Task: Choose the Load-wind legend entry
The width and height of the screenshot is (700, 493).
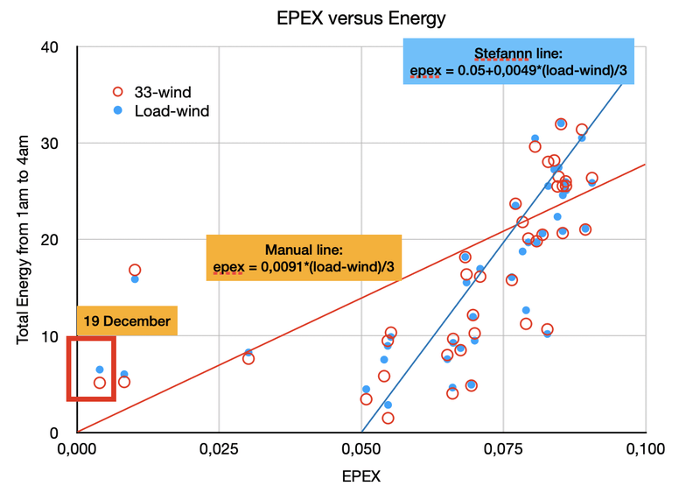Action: click(x=171, y=111)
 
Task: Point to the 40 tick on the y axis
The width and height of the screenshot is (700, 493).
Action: click(x=57, y=46)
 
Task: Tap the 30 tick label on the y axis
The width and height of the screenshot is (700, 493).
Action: click(x=57, y=143)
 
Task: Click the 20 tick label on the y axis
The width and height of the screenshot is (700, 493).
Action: click(x=57, y=239)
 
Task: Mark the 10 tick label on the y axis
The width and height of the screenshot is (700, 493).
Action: click(x=57, y=336)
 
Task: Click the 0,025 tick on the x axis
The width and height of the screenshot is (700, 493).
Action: click(x=218, y=449)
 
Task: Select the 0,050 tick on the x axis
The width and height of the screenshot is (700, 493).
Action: click(x=360, y=449)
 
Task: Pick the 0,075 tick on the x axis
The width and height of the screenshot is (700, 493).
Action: click(x=503, y=449)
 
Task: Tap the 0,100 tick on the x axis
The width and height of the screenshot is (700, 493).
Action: click(x=645, y=449)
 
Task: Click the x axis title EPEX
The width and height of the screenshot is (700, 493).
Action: click(x=360, y=477)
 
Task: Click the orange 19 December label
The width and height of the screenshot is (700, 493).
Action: click(x=127, y=320)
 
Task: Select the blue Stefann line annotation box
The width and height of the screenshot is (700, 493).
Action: click(x=519, y=61)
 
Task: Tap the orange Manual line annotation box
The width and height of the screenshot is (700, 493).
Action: click(x=303, y=257)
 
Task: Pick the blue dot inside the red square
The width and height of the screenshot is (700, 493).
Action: click(x=100, y=370)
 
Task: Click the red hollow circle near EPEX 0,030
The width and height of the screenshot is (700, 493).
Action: click(x=248, y=358)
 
